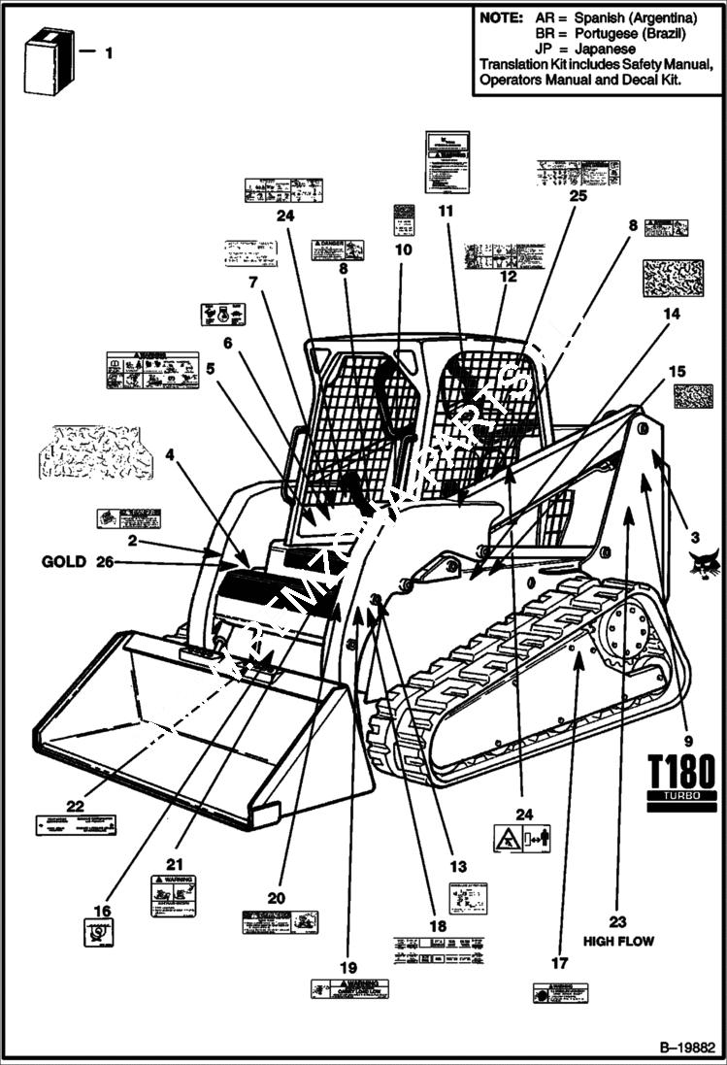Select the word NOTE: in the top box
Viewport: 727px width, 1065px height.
coord(502,18)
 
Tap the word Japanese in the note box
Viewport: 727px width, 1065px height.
coord(604,48)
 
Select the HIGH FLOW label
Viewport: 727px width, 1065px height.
coord(618,941)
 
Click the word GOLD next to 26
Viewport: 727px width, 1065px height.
coord(63,561)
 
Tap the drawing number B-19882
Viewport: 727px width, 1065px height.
coord(687,1048)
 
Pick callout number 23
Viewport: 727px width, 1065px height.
coord(617,921)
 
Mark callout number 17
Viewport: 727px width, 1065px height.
coord(558,964)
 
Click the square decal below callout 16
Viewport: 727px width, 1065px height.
coord(101,933)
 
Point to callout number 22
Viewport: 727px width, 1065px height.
coord(76,805)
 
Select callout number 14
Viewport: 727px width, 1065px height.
coord(672,314)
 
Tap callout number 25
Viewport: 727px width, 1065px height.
coord(578,195)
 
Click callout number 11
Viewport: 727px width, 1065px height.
coord(446,211)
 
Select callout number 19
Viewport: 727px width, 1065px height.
coord(348,967)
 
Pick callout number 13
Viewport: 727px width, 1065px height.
coord(457,867)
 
